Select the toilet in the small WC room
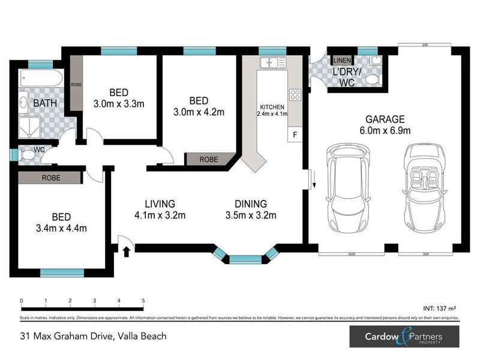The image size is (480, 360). point(28,155)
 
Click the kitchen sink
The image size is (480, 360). point(274,62)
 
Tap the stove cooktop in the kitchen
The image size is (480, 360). point(295,94)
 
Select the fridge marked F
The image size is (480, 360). point(295,136)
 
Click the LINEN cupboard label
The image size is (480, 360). point(341,61)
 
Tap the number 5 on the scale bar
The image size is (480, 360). point(143,301)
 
